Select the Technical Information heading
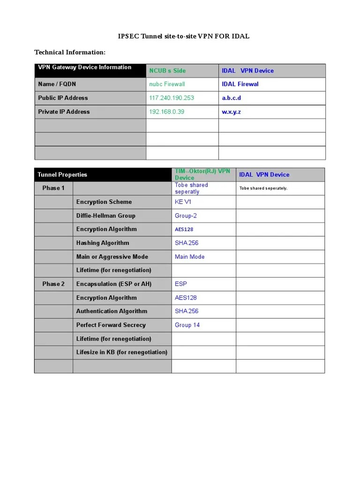pos(70,52)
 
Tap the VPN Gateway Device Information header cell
pos(85,67)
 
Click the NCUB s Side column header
pos(167,71)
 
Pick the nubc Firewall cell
pos(167,84)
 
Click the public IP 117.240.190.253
pos(172,98)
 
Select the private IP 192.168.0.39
pos(166,112)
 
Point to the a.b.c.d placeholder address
pos(232,98)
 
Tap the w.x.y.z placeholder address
pos(232,112)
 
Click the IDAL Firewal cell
pos(240,84)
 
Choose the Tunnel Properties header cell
pos(62,175)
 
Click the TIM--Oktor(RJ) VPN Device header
pos(202,174)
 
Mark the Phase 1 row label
pos(53,188)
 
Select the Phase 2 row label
pos(53,284)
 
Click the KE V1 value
pos(183,202)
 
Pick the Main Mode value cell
pos(189,257)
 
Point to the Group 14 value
pos(187,325)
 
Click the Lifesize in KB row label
pos(122,352)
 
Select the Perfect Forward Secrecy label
pos(111,325)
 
